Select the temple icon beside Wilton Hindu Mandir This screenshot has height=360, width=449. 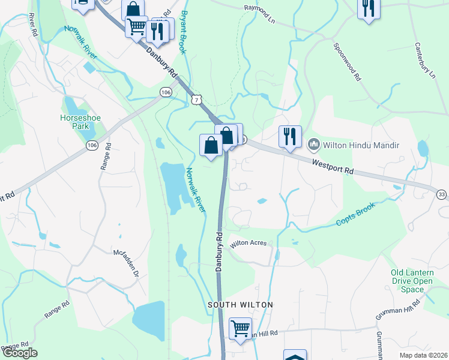[x=313, y=145]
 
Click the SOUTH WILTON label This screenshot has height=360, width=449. [x=240, y=305]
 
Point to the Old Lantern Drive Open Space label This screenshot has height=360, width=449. [x=412, y=281]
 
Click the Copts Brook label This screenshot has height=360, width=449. [x=355, y=214]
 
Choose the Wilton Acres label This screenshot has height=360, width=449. [x=252, y=244]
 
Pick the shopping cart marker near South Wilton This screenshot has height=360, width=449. [x=240, y=329]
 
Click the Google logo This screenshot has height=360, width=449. [x=20, y=353]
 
